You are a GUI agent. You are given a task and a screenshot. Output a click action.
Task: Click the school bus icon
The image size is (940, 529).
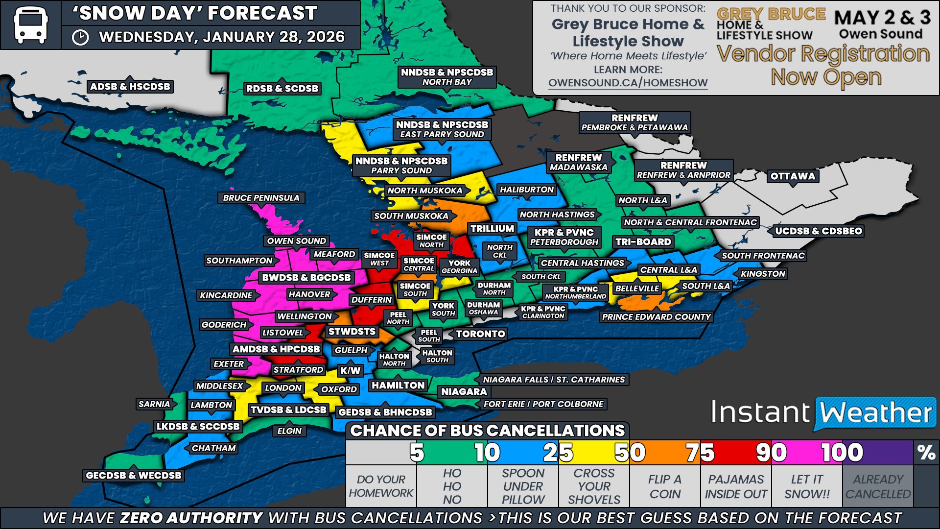click(x=30, y=24)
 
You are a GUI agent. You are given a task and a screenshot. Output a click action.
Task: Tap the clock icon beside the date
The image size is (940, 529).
click(x=80, y=37)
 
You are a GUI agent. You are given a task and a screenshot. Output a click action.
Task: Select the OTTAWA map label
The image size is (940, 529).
click(x=793, y=176)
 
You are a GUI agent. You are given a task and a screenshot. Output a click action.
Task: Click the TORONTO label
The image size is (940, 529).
click(x=480, y=334)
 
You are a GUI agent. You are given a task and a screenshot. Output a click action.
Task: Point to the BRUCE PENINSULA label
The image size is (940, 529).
click(x=261, y=198)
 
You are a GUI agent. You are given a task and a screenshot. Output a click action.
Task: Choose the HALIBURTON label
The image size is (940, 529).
click(x=526, y=190)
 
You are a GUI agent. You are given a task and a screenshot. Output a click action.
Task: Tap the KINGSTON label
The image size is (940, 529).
click(x=763, y=274)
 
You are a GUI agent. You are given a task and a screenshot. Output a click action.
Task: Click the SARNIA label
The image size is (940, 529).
click(x=154, y=404)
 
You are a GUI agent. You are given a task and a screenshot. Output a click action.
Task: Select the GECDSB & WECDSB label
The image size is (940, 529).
click(x=133, y=475)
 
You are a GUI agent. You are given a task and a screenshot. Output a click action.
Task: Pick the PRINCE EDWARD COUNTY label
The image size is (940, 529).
click(x=656, y=317)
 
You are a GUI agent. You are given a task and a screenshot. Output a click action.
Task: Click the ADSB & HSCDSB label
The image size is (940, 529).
click(x=130, y=87)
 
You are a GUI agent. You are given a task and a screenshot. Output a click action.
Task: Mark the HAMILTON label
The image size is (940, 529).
click(x=398, y=385)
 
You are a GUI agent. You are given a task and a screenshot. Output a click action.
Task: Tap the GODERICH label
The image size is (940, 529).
click(x=224, y=325)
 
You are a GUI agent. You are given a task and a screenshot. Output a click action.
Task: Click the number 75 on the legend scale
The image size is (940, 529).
click(x=700, y=453)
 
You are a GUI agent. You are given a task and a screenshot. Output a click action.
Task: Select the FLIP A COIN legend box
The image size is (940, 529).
click(x=665, y=486)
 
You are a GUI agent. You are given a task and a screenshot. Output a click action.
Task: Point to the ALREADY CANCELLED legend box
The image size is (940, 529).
click(x=878, y=486)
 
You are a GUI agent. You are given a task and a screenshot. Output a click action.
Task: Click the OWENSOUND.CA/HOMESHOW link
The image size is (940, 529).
click(x=628, y=83)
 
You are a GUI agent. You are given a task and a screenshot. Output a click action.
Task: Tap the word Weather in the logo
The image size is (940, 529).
click(x=875, y=413)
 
